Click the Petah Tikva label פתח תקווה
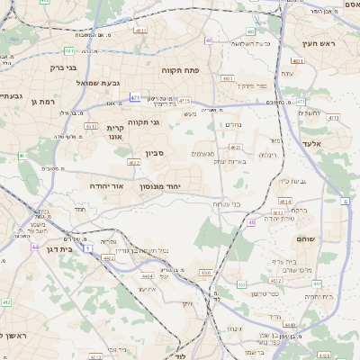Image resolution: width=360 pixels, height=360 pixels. point(181,69)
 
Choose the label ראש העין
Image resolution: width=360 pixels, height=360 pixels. point(318,42)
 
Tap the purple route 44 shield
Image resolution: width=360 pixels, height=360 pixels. point(35,247)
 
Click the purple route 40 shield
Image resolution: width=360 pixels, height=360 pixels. point(209,40)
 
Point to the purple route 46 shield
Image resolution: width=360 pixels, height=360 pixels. point(251,221)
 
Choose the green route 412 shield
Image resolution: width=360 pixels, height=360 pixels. point(6,303)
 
